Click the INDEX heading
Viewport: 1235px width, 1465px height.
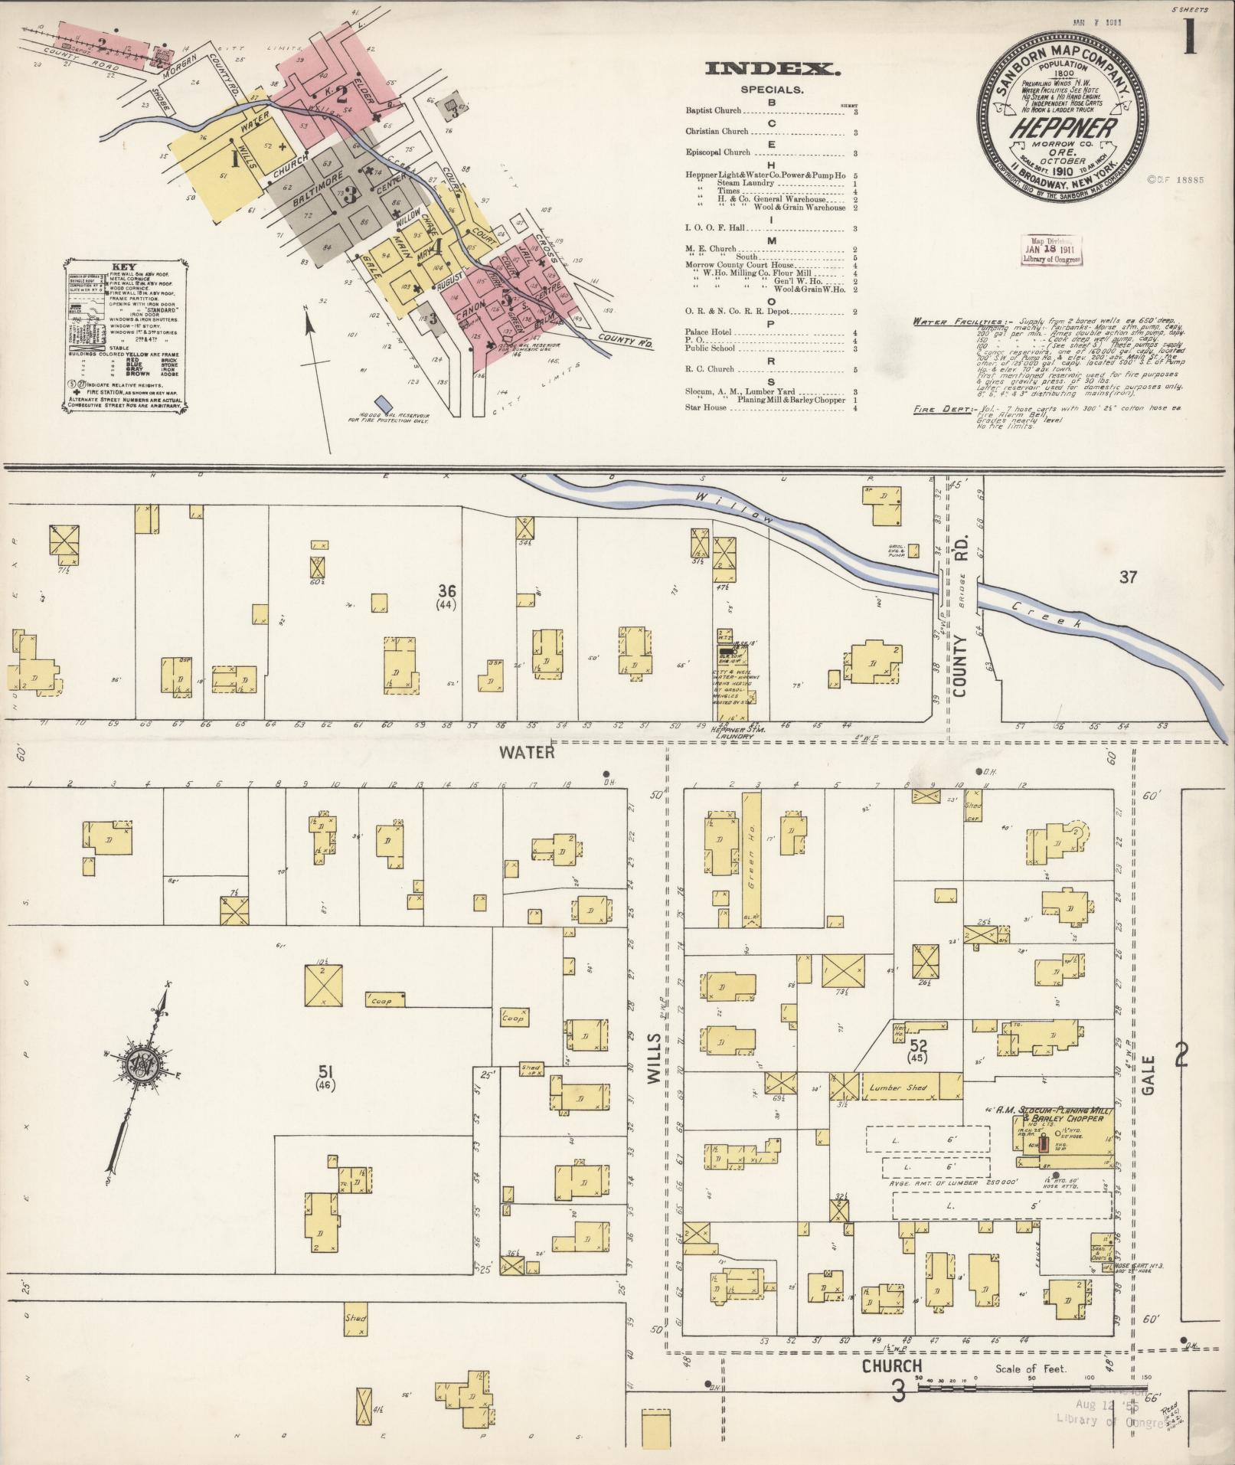773,70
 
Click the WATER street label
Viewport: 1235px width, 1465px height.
526,753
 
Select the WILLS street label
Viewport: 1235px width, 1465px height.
653,1061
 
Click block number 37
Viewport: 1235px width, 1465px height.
1128,577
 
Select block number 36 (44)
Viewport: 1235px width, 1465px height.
447,596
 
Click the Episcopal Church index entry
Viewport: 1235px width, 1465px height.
717,152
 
